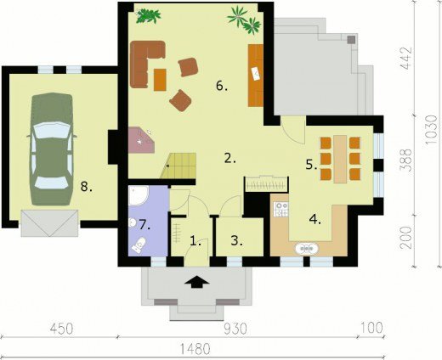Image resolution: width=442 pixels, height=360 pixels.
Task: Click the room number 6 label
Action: (x=222, y=86)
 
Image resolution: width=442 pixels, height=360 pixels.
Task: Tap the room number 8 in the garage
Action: (x=86, y=187)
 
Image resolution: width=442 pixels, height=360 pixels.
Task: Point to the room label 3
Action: (x=236, y=241)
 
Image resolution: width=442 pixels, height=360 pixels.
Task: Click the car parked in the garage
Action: (x=52, y=149)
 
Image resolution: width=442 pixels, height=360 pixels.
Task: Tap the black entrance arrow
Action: (x=196, y=282)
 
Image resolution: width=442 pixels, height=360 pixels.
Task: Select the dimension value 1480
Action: (x=195, y=349)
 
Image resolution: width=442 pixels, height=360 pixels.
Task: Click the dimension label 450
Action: (x=62, y=329)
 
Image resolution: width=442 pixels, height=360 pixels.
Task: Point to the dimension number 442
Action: (x=406, y=59)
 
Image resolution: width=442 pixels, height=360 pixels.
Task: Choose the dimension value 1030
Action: (x=432, y=129)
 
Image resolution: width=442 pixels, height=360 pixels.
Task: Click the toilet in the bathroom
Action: (x=139, y=245)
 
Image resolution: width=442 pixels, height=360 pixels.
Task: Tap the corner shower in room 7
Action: (x=138, y=195)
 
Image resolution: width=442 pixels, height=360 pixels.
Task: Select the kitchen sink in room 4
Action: (x=307, y=249)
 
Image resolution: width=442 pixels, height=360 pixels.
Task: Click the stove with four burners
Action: (x=281, y=209)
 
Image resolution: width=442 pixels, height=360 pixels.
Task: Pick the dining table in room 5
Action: (x=340, y=159)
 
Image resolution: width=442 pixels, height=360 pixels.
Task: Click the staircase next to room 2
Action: (x=178, y=166)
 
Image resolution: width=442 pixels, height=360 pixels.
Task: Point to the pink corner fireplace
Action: (x=141, y=140)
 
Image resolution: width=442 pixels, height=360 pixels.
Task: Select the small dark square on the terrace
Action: (x=351, y=40)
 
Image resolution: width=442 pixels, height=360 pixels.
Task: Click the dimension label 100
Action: (x=371, y=329)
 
